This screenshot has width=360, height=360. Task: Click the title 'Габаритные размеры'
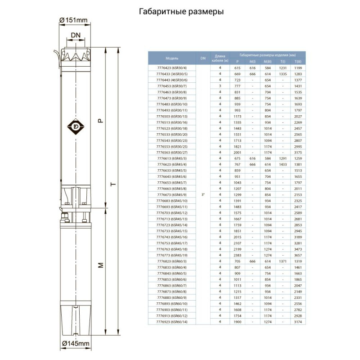coord(181,13)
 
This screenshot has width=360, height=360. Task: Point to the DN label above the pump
coord(75,35)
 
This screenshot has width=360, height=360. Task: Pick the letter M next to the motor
coord(101,265)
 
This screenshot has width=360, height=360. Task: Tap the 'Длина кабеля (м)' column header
coord(220,57)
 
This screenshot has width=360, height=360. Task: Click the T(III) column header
coord(297,61)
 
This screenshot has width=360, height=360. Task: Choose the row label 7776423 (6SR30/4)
coord(172,67)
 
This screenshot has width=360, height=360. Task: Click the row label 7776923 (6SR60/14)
coord(172,322)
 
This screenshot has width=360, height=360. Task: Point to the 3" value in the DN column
coord(203,194)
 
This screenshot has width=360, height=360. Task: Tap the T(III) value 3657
coord(297,255)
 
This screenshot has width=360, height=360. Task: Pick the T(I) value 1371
coord(283,261)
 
